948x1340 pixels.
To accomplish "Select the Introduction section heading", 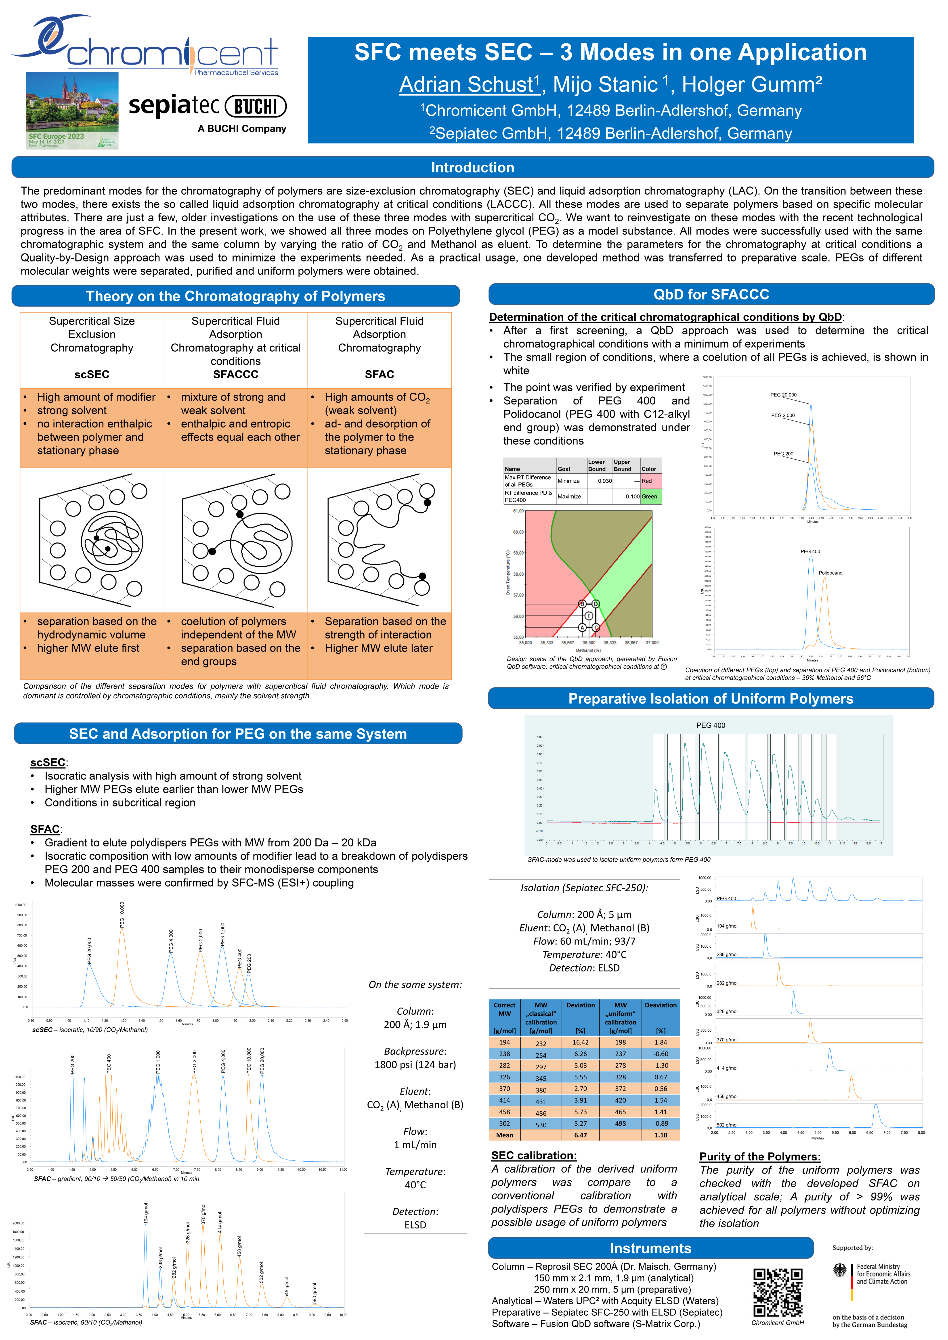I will [x=472, y=167].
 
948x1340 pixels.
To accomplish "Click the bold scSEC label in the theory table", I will [x=92, y=374].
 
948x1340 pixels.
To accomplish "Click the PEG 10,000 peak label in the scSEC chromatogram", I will [x=122, y=915].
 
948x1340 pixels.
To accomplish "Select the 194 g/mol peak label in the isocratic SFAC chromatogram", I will [x=146, y=1213].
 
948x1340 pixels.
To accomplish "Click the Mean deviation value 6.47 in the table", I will [x=580, y=1135].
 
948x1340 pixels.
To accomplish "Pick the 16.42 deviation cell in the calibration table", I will [x=580, y=1042].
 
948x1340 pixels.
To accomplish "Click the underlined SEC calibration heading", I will [x=534, y=1156].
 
